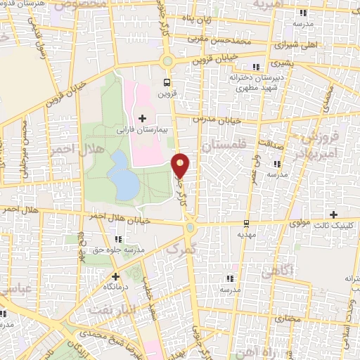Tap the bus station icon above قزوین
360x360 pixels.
point(167,82)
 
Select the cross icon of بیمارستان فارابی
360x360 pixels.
point(143,117)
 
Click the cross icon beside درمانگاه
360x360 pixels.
point(115,276)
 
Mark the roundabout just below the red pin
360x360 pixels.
point(190,227)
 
